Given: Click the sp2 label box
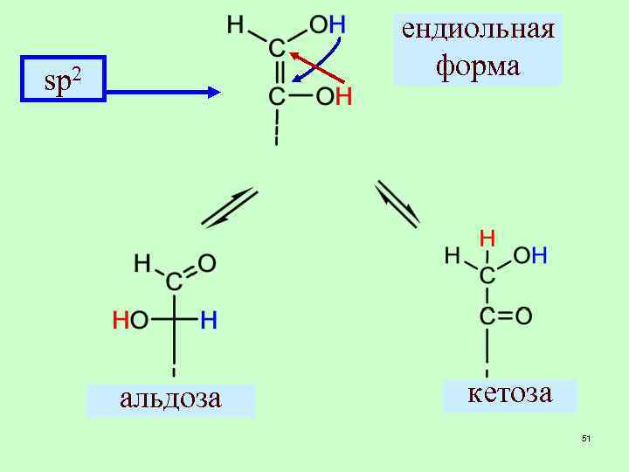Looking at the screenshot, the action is tap(63, 80).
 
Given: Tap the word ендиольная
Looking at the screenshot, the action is tap(478, 29).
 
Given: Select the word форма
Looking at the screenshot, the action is tap(478, 65).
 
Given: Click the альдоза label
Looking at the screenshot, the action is tap(170, 399).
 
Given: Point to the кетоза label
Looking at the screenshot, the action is tap(510, 393).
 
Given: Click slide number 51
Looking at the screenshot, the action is tap(586, 437).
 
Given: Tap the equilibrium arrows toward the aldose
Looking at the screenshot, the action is tap(230, 208).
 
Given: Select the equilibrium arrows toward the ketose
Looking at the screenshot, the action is tap(397, 204).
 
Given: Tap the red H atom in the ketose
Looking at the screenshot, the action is tap(487, 237).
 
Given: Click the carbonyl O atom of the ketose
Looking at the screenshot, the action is tap(523, 316).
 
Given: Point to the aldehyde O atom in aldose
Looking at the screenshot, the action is tap(207, 261).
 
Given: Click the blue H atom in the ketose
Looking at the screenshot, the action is tap(540, 255).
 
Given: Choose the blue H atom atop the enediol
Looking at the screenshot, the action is tap(337, 24).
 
